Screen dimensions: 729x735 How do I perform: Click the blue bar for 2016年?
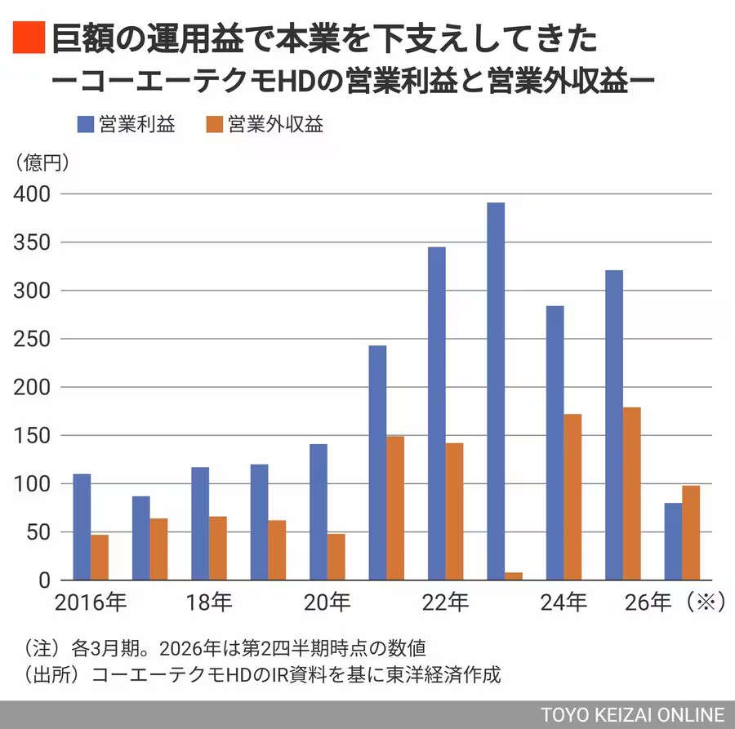click(82, 527)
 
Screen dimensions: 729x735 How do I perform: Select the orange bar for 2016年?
click(100, 557)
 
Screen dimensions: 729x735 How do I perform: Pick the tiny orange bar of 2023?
click(514, 576)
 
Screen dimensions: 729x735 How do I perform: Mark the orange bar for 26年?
click(691, 532)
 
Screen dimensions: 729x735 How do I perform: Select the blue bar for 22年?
click(437, 413)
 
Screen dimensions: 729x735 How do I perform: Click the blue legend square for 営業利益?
click(85, 125)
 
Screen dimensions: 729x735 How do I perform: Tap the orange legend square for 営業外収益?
click(214, 125)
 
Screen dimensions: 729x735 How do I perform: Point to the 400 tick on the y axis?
click(32, 194)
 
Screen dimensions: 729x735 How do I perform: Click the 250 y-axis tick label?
click(32, 339)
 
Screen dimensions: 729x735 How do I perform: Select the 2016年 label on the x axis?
click(91, 603)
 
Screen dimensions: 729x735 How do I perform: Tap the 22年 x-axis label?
click(446, 603)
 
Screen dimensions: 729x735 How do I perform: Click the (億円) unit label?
click(42, 162)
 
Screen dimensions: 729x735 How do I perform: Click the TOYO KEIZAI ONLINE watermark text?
click(632, 714)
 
